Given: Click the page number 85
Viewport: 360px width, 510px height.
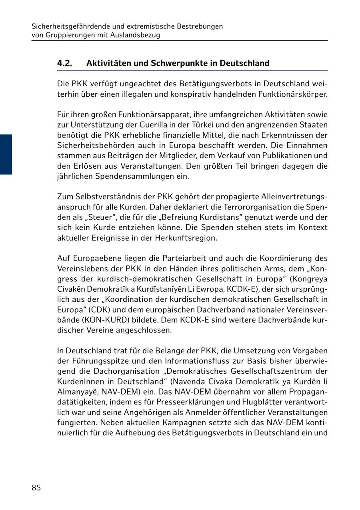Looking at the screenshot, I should point(36,488).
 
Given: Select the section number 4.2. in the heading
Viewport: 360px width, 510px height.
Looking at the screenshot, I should point(64,63).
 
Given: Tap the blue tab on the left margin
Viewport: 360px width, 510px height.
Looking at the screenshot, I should point(6,154).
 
